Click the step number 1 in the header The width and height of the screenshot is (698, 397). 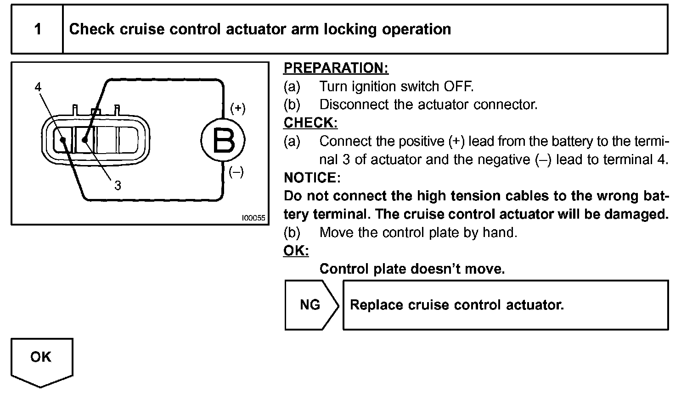tap(38, 29)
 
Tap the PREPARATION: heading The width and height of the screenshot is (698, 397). tap(336, 68)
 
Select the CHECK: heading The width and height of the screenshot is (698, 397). tap(310, 123)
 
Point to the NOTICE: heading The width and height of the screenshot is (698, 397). tap(312, 177)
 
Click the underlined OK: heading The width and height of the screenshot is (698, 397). tap(296, 251)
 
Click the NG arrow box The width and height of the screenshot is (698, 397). tap(311, 305)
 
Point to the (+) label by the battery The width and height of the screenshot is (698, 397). tap(237, 108)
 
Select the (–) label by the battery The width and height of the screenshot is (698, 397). tap(236, 172)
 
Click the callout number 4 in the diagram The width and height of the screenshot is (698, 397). tap(38, 87)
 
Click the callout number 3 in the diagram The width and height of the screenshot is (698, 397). tap(118, 185)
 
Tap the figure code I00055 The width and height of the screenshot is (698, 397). tap(253, 218)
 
